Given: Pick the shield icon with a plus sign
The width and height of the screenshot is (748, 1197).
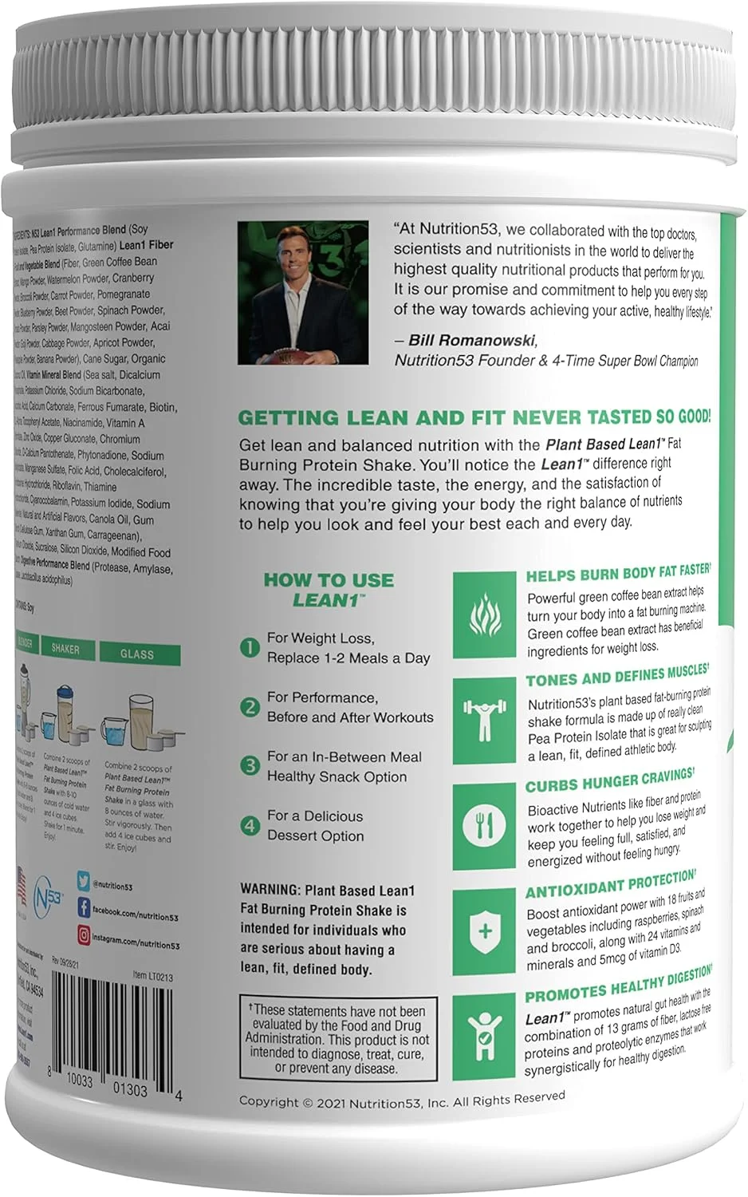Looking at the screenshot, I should coord(483,930).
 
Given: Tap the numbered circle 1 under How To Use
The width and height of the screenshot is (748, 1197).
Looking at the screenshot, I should coord(250,647).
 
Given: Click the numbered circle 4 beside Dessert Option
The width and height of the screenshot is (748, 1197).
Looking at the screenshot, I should coord(250,826).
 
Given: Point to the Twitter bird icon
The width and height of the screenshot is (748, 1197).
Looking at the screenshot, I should coord(83,881).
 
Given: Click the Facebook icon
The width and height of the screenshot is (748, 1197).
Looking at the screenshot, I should coord(83,907).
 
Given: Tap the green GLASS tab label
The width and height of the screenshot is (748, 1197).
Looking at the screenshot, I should coord(137,654).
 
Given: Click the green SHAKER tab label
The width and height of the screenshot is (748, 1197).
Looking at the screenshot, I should coord(65,650).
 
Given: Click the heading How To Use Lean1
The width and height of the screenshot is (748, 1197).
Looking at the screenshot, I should coord(329,589).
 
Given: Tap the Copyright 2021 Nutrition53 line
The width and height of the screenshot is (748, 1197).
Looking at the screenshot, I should coord(402,1100).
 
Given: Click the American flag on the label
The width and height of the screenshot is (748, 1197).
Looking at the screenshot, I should coord(21,886).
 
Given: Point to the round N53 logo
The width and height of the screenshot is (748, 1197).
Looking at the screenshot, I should coord(49,903).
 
